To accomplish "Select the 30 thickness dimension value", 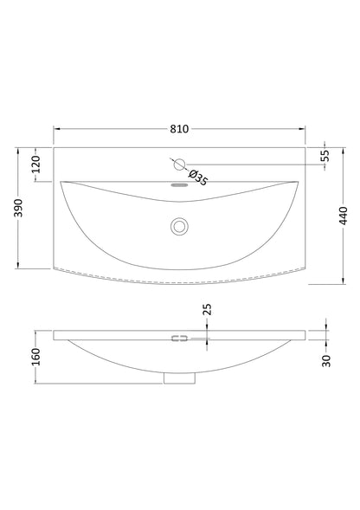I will pyautogui.click(x=326, y=361).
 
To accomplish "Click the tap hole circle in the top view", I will pyautogui.click(x=180, y=164).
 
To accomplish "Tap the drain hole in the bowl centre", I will pyautogui.click(x=180, y=226).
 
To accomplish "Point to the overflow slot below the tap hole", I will pyautogui.click(x=180, y=184).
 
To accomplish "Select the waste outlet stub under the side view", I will pyautogui.click(x=180, y=377).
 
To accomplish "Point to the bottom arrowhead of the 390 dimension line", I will pyautogui.click(x=19, y=269).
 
